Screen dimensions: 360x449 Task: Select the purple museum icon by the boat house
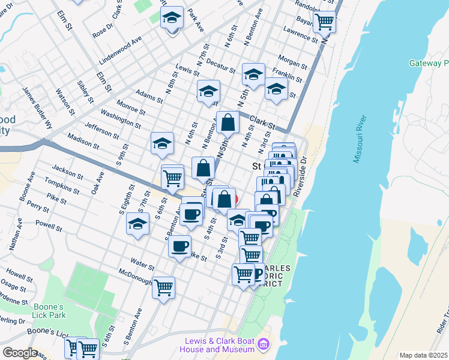[x=264, y=344]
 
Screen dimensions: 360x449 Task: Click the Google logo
[x=20, y=353]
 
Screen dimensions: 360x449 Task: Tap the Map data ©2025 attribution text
[x=423, y=355]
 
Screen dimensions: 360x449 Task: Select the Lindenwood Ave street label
[x=121, y=51]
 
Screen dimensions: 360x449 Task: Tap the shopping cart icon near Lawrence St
[x=325, y=22]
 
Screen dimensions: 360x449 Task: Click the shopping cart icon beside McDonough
[x=163, y=288]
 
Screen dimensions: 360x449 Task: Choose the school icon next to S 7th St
[x=138, y=224]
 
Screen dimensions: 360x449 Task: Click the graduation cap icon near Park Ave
[x=172, y=19]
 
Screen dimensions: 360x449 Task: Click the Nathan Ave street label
[x=16, y=232]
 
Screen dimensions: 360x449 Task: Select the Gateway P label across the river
[x=429, y=63]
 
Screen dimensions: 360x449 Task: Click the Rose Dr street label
[x=101, y=30]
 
